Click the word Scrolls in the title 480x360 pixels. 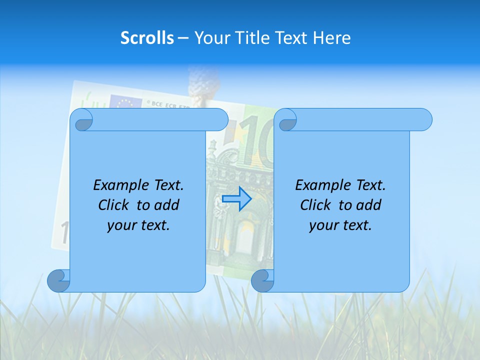pos(147,38)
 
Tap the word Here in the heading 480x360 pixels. pos(331,38)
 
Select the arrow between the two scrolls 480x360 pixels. pos(236,199)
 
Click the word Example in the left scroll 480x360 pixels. pos(118,185)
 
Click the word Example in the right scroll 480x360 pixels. pos(320,185)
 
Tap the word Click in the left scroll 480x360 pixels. pos(114,205)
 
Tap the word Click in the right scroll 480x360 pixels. pos(316,205)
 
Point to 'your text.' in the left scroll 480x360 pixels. pos(138,225)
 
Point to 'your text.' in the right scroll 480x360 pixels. pos(340,225)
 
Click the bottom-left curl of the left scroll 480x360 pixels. pos(58,280)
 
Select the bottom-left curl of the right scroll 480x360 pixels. pos(262,280)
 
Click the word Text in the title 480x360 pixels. pos(292,38)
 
